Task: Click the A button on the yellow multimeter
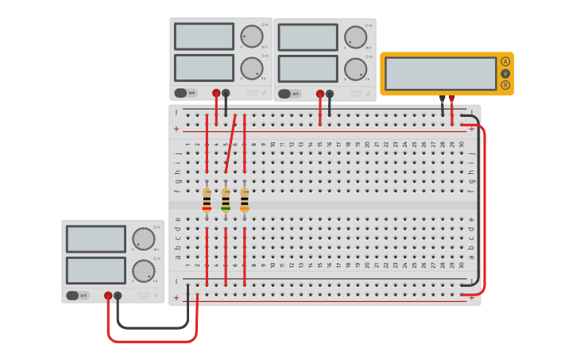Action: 505,62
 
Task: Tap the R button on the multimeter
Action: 505,85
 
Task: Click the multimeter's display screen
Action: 440,73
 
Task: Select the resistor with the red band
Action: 207,199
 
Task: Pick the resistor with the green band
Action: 226,199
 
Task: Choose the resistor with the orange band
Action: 245,199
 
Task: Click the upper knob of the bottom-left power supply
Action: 143,238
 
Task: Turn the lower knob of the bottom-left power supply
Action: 143,270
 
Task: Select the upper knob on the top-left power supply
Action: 251,36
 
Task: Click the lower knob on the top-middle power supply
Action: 355,68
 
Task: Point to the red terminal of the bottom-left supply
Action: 108,296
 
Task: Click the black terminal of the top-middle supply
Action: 330,94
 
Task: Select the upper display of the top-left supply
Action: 204,37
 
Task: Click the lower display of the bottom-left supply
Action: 96,270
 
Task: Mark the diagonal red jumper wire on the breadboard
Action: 230,143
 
